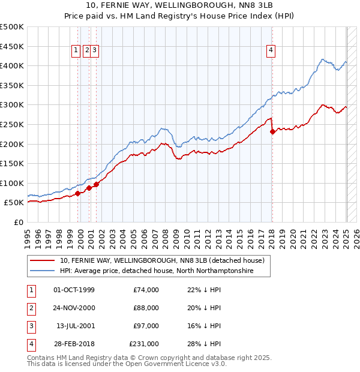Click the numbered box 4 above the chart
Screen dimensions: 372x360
(271, 51)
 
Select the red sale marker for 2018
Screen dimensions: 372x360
(272, 131)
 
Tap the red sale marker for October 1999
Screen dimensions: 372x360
(78, 193)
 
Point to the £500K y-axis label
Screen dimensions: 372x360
(12, 27)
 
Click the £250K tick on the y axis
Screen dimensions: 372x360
(12, 124)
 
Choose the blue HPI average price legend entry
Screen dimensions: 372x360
(157, 271)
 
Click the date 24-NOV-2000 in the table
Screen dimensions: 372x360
(74, 308)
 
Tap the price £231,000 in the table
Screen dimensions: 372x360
(144, 344)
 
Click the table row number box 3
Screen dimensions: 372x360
(31, 326)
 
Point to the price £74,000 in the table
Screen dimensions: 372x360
(146, 290)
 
